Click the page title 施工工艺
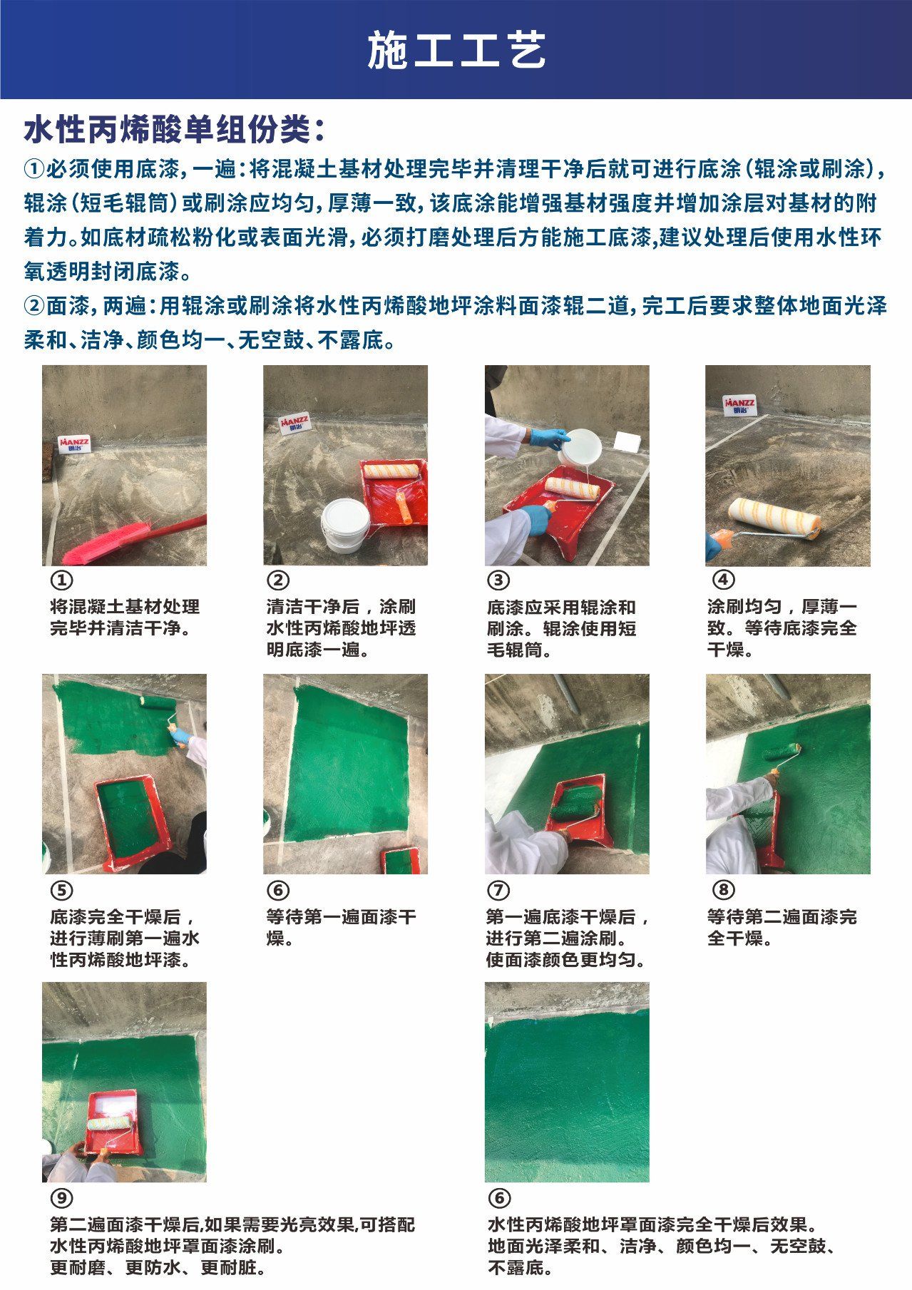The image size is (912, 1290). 456,50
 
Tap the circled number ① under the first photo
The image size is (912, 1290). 63,580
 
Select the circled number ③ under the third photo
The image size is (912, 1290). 498,580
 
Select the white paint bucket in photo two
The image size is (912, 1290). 346,525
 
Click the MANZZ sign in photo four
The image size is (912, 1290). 739,405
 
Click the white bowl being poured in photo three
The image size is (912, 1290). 580,446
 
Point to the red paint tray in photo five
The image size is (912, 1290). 134,821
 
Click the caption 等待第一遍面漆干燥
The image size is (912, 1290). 341,927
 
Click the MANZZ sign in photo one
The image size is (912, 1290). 75,444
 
